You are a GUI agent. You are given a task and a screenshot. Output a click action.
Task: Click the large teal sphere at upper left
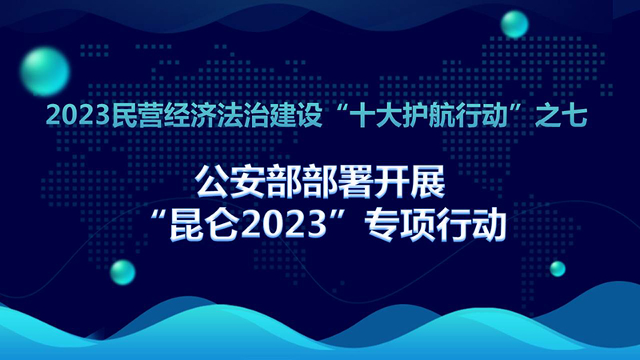45,72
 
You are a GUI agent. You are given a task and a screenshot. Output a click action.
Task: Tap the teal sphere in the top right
514,24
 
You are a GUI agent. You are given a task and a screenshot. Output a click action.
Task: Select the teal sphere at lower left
122,272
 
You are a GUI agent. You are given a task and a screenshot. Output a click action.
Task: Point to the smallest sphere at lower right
558,269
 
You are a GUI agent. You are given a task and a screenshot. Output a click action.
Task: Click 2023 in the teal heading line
78,116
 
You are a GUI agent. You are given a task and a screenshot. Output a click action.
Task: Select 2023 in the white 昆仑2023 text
285,225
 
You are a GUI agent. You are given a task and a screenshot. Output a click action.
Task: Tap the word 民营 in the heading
137,116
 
